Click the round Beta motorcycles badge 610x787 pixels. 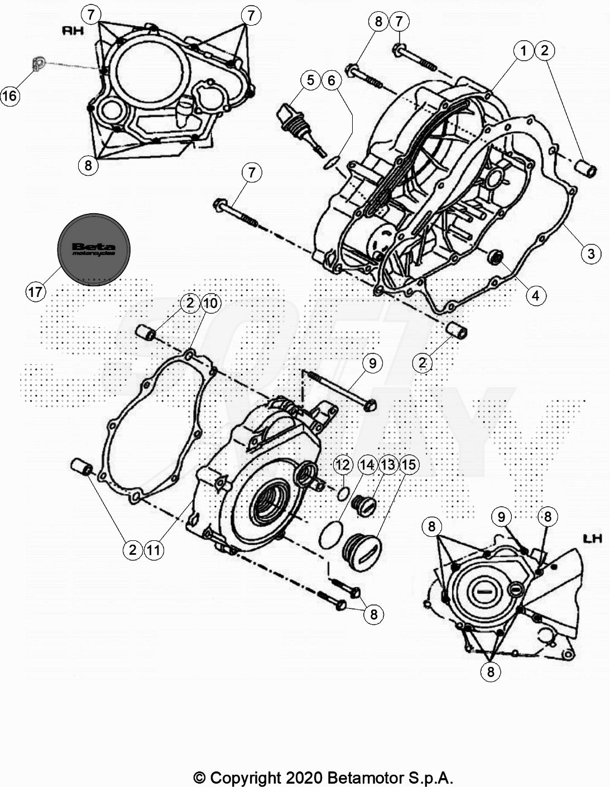coord(94,249)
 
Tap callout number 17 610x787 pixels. coord(36,291)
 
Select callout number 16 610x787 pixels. coord(10,96)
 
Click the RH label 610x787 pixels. coord(73,31)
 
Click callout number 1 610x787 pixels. coord(523,51)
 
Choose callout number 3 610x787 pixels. coord(591,253)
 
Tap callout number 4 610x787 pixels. coord(535,296)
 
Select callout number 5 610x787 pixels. coord(310,80)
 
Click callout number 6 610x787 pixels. coord(332,80)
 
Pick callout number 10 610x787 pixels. coord(211,303)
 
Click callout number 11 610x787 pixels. coord(153,550)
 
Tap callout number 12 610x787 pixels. coord(343,465)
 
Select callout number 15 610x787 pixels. coord(409,465)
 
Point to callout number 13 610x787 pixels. coord(388,465)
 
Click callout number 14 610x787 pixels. coord(367,465)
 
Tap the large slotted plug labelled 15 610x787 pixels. coord(362,551)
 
